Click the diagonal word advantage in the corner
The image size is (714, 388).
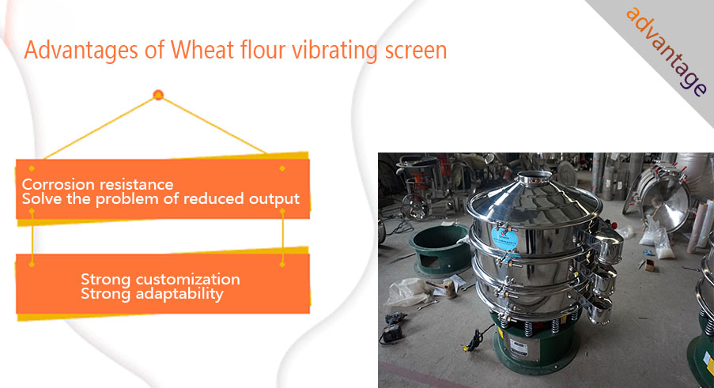coord(667,51)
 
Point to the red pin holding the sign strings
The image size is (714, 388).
coord(158,95)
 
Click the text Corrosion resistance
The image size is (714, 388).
coord(97,184)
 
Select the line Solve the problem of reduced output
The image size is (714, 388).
coord(161,199)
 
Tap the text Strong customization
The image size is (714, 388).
coord(161,279)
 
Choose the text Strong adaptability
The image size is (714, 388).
coord(152,294)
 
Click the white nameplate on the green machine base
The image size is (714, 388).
coord(519,348)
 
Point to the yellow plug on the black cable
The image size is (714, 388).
coord(466,348)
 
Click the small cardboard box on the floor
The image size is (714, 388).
coord(649,266)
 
